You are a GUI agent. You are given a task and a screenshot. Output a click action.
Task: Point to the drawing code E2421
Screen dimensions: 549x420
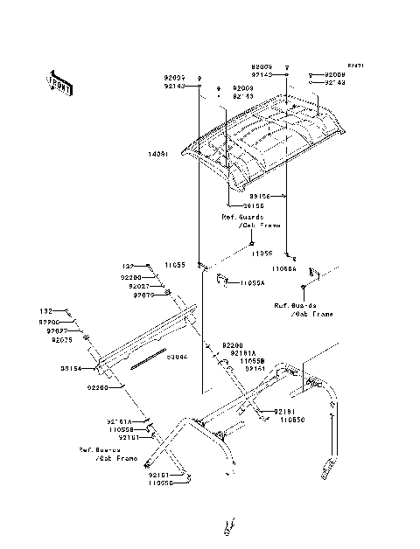tap(354, 66)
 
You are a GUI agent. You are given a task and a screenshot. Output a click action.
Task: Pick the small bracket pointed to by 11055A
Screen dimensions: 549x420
tap(222, 280)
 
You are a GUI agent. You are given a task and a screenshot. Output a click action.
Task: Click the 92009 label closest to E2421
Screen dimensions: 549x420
tap(335, 75)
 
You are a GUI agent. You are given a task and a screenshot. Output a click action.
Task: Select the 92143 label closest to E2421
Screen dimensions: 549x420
tap(335, 84)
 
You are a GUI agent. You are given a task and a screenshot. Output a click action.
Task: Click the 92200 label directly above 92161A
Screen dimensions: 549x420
tap(232, 345)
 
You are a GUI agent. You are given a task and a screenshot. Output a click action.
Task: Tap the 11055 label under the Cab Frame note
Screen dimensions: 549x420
tap(263, 252)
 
